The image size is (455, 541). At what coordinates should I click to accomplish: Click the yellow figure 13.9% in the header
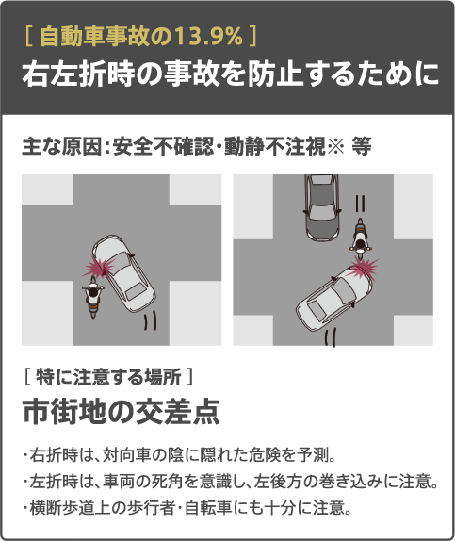[x=209, y=38]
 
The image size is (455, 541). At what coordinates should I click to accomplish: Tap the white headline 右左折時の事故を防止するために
[x=231, y=74]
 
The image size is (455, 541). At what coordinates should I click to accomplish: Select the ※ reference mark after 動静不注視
[x=335, y=147]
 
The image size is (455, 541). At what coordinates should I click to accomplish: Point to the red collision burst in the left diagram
[x=99, y=266]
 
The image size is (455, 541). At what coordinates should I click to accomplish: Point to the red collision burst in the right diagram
[x=363, y=268]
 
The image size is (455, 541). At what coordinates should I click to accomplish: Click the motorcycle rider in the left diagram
[x=93, y=297]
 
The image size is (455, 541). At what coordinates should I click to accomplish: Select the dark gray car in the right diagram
[x=322, y=207]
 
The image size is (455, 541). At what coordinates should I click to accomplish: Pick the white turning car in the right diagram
[x=333, y=299]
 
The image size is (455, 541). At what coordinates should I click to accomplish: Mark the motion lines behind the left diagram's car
[x=150, y=320]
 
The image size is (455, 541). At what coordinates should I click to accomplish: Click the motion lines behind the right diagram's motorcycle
[x=360, y=204]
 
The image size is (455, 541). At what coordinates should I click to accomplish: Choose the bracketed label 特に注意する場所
[x=108, y=377]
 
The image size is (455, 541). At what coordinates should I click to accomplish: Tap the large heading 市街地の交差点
[x=122, y=412]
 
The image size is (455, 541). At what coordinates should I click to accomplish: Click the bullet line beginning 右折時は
[x=180, y=455]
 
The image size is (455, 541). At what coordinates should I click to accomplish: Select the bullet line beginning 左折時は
[x=231, y=482]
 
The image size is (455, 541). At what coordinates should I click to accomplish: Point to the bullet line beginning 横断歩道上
[x=187, y=507]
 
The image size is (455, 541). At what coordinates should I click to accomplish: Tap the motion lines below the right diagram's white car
[x=330, y=338]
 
